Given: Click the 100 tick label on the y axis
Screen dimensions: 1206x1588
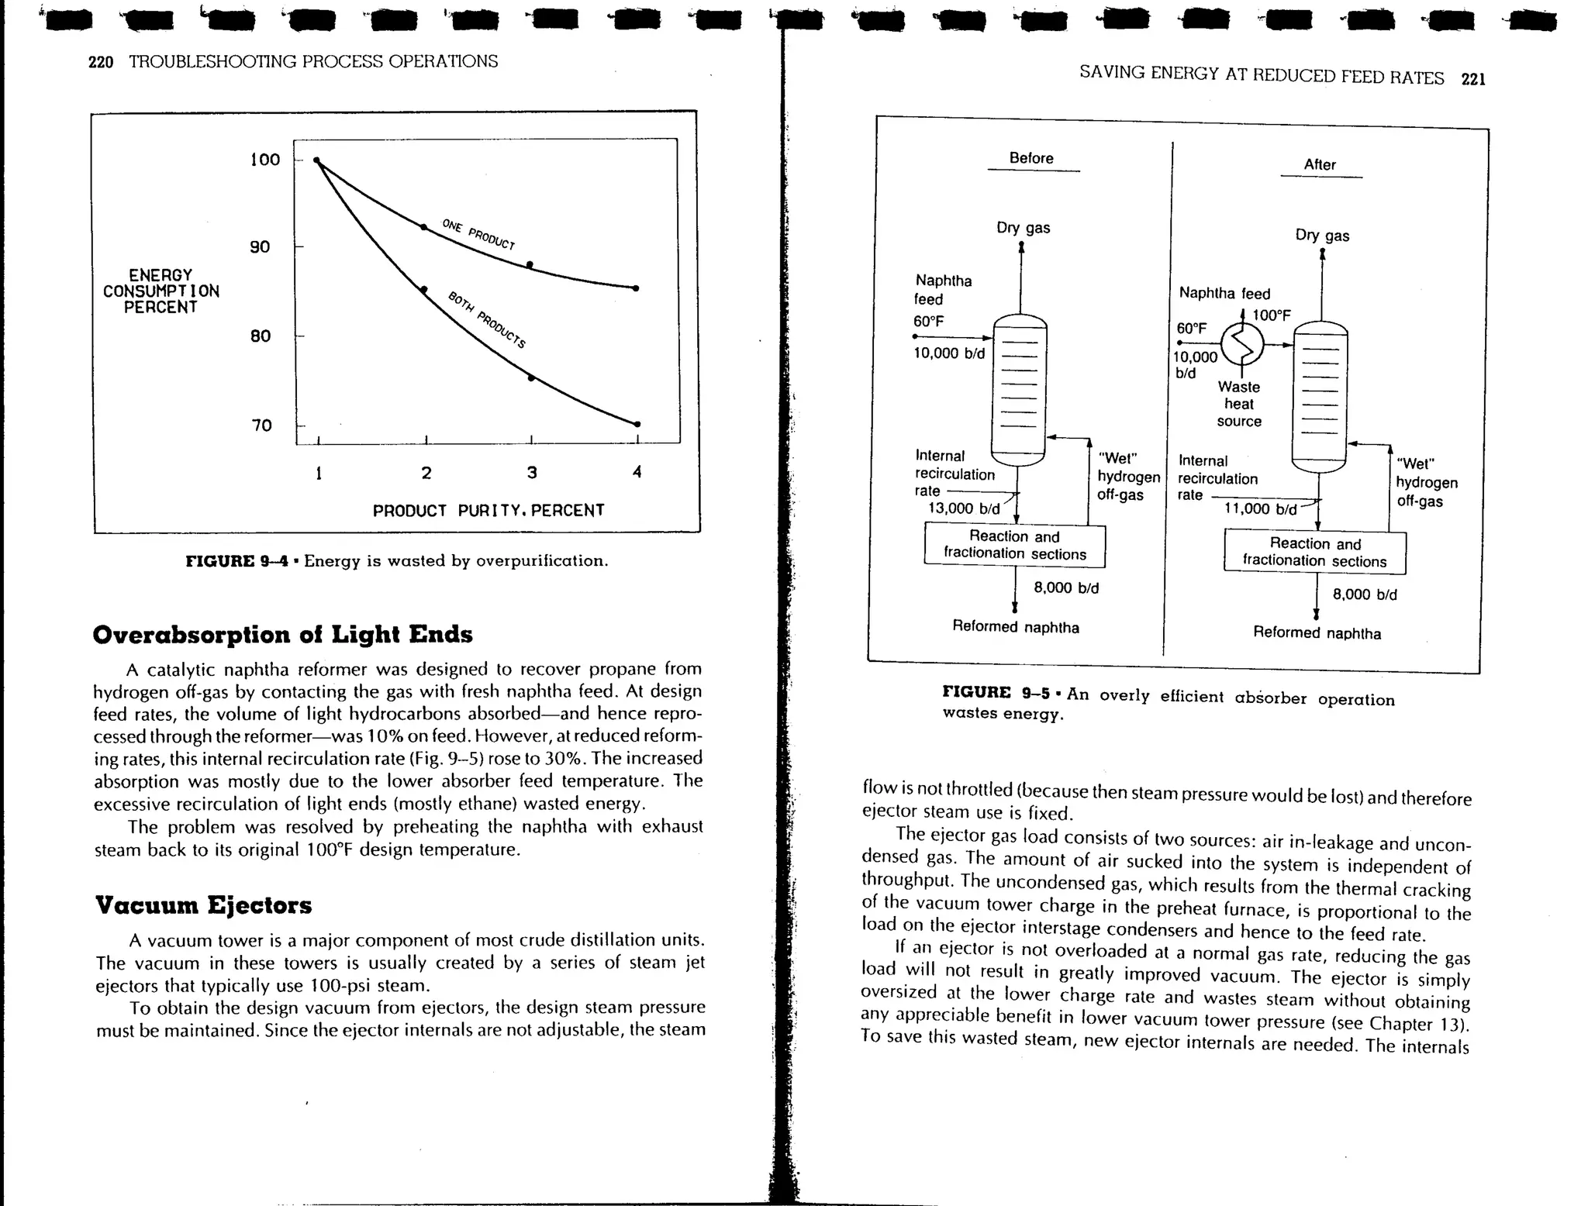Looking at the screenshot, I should (x=264, y=160).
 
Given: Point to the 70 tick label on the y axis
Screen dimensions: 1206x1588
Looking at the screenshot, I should (x=261, y=426).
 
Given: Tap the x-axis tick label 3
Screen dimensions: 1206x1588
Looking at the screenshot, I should (x=531, y=472).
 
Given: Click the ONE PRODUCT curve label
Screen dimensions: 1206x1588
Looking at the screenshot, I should (x=478, y=234).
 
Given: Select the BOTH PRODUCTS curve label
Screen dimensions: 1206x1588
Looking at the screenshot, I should (x=487, y=319).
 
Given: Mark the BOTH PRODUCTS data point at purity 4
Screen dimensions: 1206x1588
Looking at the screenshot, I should (x=637, y=424).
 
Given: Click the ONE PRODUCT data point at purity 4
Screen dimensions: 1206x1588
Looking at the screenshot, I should (x=636, y=288).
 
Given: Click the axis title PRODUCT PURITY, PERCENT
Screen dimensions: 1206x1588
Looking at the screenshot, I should (x=488, y=511).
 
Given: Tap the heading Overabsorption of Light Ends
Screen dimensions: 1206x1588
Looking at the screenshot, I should (x=282, y=635).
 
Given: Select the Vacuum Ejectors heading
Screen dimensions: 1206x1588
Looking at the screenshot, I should (x=203, y=905).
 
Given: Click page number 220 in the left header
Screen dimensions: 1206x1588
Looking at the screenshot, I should (x=101, y=62).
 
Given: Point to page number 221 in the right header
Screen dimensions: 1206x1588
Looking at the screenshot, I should (x=1472, y=79).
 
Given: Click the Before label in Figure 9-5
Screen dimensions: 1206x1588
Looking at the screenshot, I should (x=1030, y=158).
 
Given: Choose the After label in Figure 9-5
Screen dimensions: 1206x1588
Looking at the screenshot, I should (x=1319, y=164).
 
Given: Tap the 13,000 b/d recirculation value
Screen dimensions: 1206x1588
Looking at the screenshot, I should (x=964, y=509).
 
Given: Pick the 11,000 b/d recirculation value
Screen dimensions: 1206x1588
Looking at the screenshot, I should (x=1260, y=509).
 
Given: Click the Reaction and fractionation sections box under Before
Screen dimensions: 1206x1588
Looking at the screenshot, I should (x=1014, y=545).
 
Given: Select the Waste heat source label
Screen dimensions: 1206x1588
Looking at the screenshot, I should (x=1238, y=404).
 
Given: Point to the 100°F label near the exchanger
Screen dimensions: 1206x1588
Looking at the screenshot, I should (x=1272, y=315).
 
